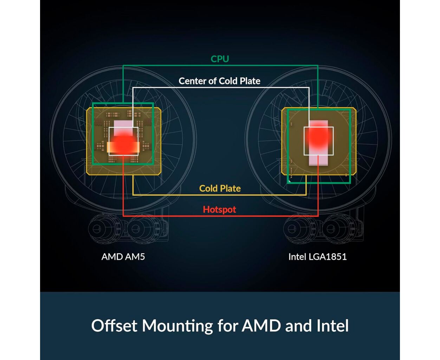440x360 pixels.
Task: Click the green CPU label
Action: coord(220,59)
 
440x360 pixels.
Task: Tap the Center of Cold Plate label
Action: coord(219,81)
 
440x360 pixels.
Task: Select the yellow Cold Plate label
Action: coord(220,188)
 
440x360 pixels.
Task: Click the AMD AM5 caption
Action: coord(123,257)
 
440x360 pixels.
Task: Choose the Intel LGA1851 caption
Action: coord(318,257)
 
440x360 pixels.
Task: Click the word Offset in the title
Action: coord(114,326)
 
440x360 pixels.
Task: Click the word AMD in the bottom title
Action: coord(261,326)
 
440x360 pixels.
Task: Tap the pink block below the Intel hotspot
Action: coord(318,159)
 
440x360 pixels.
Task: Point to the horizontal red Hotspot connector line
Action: coord(220,216)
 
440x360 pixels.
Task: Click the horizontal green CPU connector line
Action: coord(220,65)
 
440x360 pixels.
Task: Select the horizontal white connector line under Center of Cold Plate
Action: coord(221,88)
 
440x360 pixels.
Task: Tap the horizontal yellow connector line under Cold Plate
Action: coord(220,195)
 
